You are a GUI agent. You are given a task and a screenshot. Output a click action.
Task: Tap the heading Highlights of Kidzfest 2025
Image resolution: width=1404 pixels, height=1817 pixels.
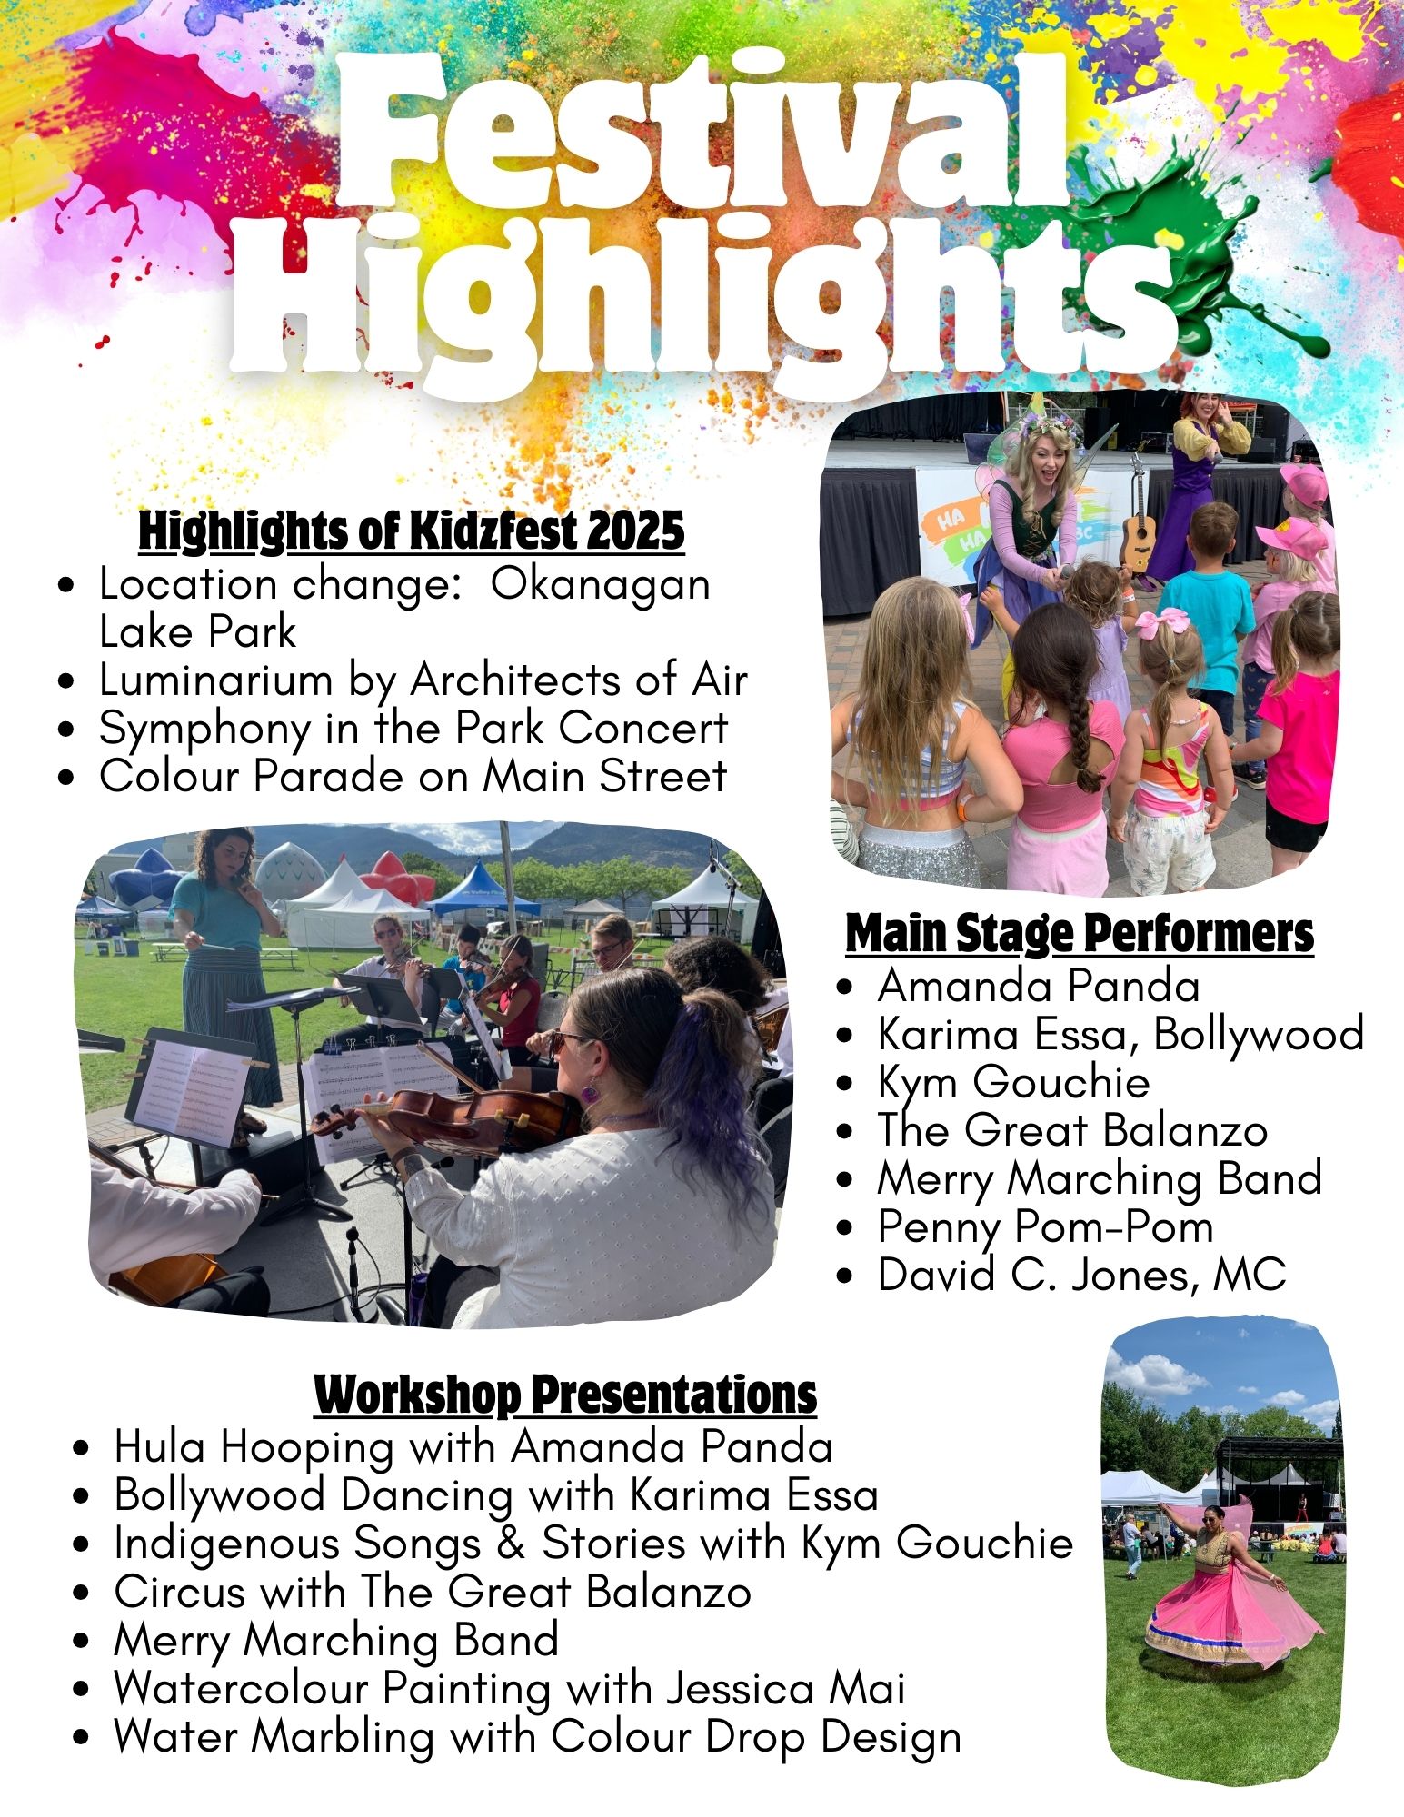[x=412, y=531]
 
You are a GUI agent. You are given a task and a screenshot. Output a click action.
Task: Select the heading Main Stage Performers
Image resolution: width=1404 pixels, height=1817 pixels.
[x=1080, y=933]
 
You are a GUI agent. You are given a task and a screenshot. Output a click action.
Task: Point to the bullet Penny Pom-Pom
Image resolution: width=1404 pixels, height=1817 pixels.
[x=1045, y=1226]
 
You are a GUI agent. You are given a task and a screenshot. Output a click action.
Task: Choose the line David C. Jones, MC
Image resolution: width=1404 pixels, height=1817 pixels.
[x=1081, y=1274]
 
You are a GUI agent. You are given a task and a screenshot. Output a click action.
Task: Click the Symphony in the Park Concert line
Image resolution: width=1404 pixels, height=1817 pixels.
[x=413, y=729]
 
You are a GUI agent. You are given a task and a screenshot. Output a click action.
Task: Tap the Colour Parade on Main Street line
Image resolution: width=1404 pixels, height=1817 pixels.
[x=413, y=777]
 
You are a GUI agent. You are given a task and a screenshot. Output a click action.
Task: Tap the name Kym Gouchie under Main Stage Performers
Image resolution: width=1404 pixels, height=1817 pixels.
[x=1013, y=1082]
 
